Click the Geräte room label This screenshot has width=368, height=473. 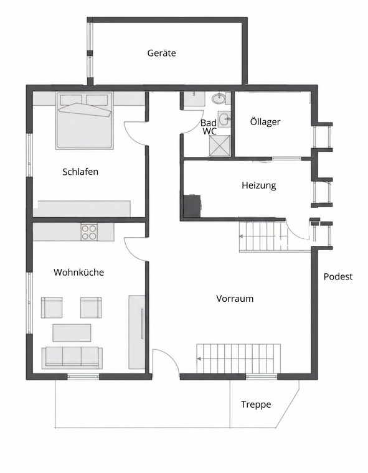161,54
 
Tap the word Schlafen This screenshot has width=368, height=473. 80,172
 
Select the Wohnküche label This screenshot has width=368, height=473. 78,273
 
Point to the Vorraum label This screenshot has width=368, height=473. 235,299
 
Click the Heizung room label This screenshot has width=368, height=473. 258,185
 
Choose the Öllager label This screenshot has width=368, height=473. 265,122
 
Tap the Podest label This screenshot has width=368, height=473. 338,277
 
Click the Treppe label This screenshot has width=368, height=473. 256,405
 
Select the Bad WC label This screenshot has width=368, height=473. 209,127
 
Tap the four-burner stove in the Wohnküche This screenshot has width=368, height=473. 90,232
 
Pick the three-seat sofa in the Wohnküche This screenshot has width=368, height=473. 72,357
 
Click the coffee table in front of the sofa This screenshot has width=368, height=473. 72,332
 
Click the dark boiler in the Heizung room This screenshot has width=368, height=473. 193,205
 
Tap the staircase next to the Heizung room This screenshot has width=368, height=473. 263,237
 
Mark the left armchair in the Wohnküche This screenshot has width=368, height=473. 52,307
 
